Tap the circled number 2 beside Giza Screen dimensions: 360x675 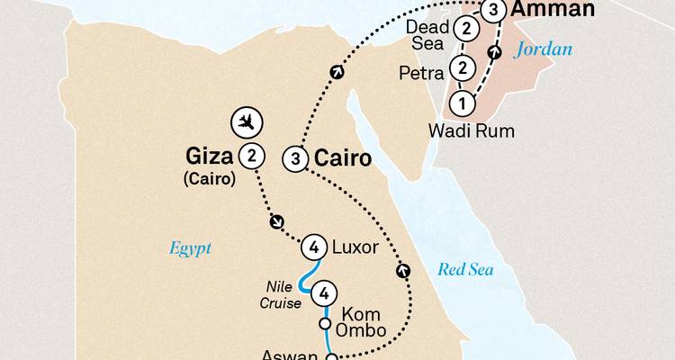[x=254, y=156]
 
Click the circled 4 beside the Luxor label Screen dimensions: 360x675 [x=313, y=245]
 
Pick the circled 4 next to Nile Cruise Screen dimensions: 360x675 [x=326, y=292]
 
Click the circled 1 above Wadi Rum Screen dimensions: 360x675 [x=462, y=103]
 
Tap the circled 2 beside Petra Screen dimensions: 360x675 [x=463, y=67]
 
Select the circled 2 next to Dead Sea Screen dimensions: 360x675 [x=466, y=30]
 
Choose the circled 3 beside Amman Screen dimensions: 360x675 [x=494, y=11]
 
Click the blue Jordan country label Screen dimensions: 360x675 [x=543, y=49]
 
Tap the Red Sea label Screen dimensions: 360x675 [x=464, y=269]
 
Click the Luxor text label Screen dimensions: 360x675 [x=354, y=245]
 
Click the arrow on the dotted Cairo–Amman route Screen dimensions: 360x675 [x=337, y=72]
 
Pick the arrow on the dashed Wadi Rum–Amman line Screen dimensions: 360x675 [x=493, y=53]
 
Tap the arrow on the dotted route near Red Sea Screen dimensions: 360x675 [x=401, y=268]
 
